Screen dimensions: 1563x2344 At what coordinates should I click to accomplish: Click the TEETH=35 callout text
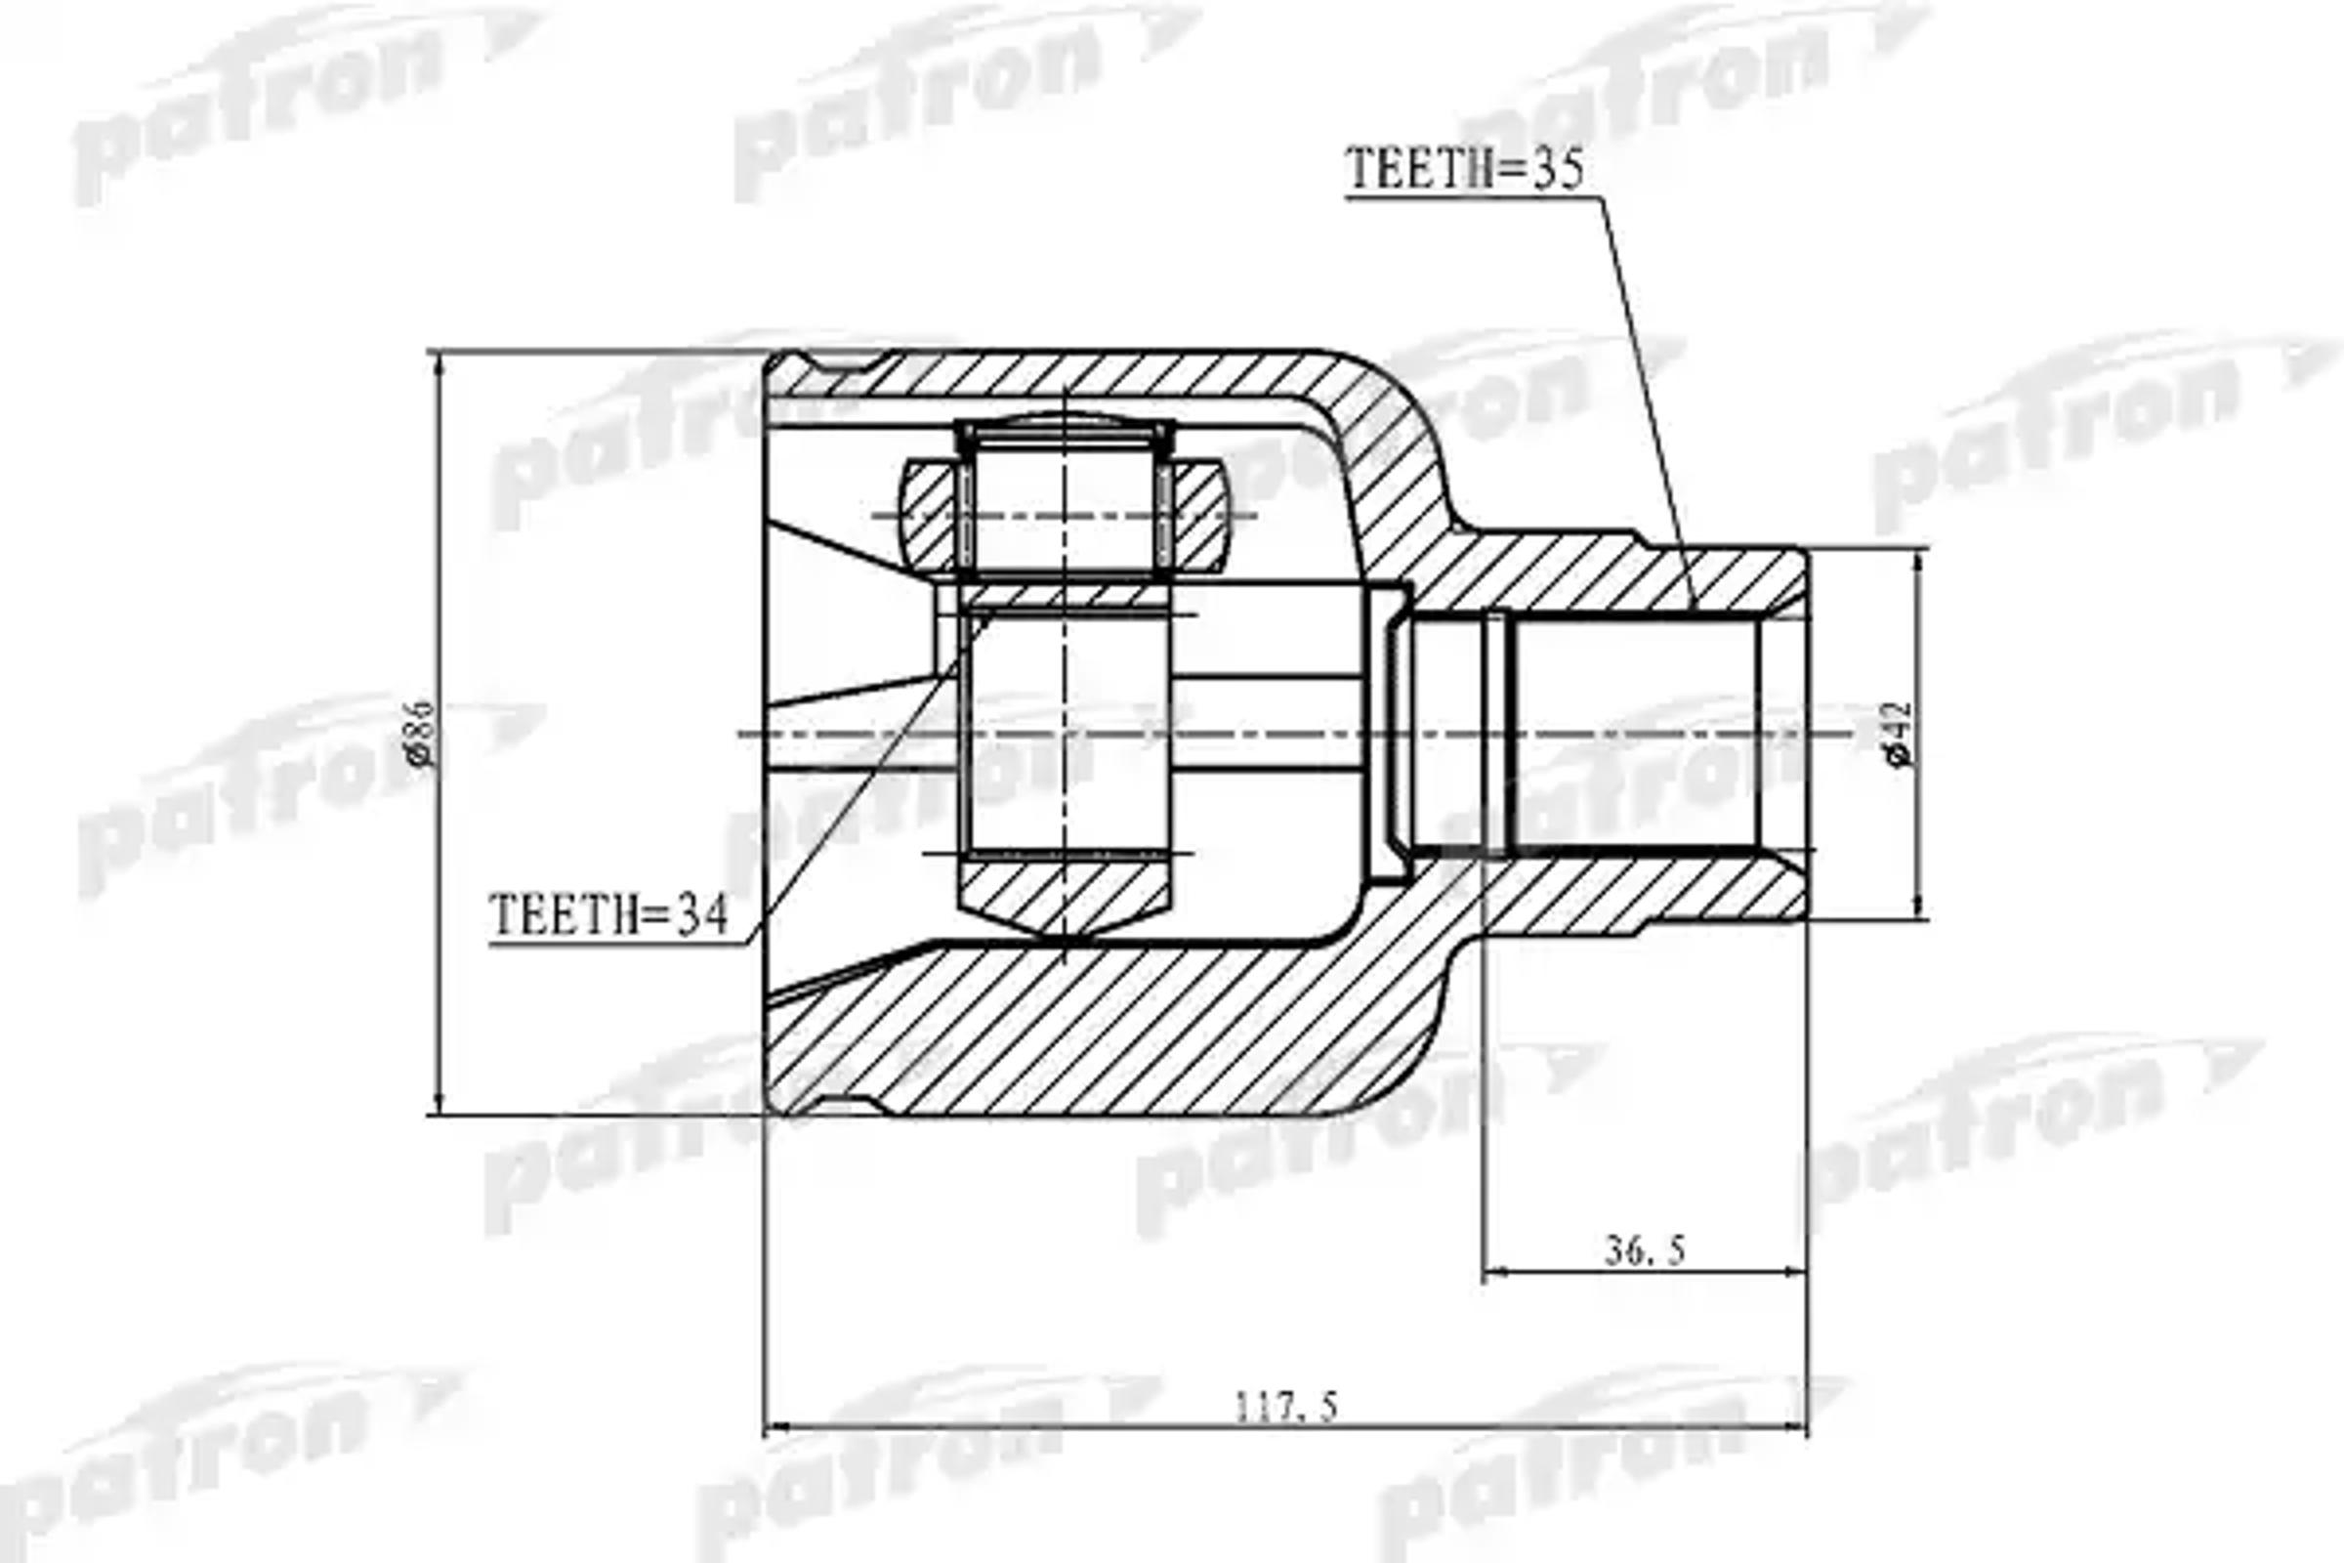[x=1464, y=169]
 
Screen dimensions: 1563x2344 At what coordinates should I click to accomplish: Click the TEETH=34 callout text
[x=608, y=914]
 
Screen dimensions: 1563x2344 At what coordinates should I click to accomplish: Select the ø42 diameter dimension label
[x=1900, y=735]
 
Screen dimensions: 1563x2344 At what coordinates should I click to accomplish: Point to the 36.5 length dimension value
[x=1645, y=1250]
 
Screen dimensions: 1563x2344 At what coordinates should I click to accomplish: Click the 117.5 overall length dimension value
[x=1286, y=1407]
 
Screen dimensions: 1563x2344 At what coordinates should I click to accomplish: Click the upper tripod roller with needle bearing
[x=1065, y=503]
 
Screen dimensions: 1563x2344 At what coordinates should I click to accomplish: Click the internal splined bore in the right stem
[x=1634, y=735]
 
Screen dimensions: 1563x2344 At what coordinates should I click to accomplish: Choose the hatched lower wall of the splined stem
[x=1634, y=892]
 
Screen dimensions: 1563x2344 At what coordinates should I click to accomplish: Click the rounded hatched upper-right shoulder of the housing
[x=1396, y=439]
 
